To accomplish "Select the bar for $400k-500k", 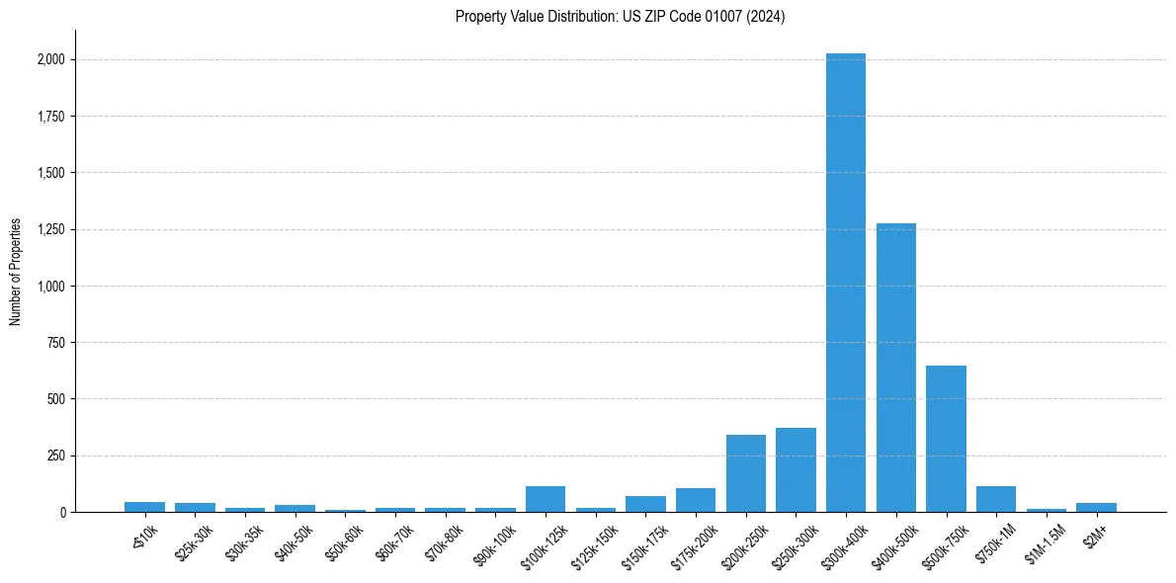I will tap(895, 368).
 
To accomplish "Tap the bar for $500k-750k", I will tap(946, 439).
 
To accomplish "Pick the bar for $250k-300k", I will tap(796, 470).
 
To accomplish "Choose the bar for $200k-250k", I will tap(745, 473).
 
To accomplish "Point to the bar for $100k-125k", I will tap(545, 499).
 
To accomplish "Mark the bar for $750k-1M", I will tap(995, 499).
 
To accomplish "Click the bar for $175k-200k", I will tap(695, 500).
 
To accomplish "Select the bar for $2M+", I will tap(1096, 508).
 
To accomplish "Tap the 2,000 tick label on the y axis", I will tap(51, 60).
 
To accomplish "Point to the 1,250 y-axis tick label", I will tap(51, 230).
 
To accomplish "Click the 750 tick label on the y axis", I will tap(56, 343).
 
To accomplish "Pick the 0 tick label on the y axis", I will tap(62, 513).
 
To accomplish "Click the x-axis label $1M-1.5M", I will tap(1046, 541).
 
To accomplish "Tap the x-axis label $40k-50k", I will tap(294, 541).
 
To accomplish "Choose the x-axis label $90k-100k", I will tap(494, 542).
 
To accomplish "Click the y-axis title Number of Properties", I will tap(16, 272).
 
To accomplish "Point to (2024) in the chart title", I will tap(767, 17).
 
